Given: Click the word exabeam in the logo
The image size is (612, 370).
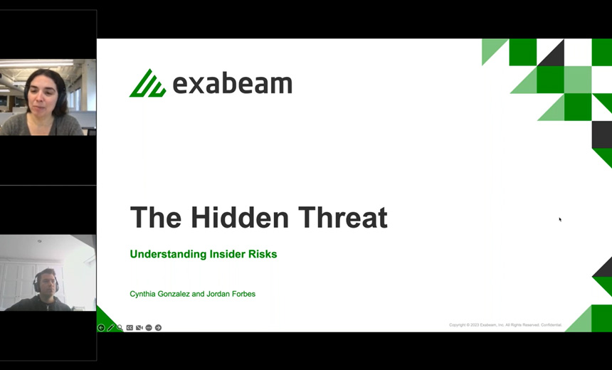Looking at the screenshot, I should (232, 84).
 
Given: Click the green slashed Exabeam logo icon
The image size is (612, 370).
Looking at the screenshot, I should (147, 84).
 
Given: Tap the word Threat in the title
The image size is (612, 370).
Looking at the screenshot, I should (344, 217).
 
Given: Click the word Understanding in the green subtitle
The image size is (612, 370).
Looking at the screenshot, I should (168, 254).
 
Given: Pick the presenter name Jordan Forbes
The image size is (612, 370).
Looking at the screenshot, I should (230, 294).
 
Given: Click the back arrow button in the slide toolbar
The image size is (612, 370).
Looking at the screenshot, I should (101, 328).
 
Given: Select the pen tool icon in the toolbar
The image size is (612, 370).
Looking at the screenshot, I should (110, 328).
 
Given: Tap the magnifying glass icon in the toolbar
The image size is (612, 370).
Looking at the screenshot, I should (120, 328).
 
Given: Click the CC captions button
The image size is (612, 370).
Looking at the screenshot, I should (130, 328).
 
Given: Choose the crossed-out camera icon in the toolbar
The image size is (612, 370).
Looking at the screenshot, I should (139, 328).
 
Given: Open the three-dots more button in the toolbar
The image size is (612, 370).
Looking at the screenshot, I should (149, 328).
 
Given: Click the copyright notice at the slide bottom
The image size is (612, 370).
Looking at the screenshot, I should (505, 325).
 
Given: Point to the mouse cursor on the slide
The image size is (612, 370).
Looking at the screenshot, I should (560, 219).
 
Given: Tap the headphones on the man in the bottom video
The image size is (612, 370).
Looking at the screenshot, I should (35, 284).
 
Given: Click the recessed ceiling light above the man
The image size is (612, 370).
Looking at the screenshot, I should (38, 242).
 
